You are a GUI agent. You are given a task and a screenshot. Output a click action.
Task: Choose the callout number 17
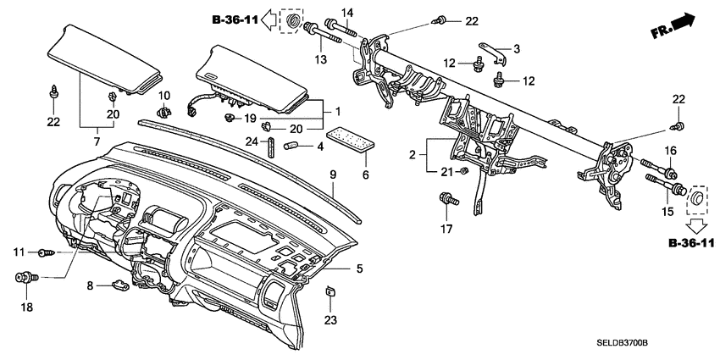click(x=446, y=229)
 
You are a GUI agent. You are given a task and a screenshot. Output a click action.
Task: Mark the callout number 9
click(x=333, y=174)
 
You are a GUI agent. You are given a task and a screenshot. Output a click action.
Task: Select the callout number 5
click(x=359, y=269)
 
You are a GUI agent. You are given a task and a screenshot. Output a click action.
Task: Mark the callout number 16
click(x=668, y=150)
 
